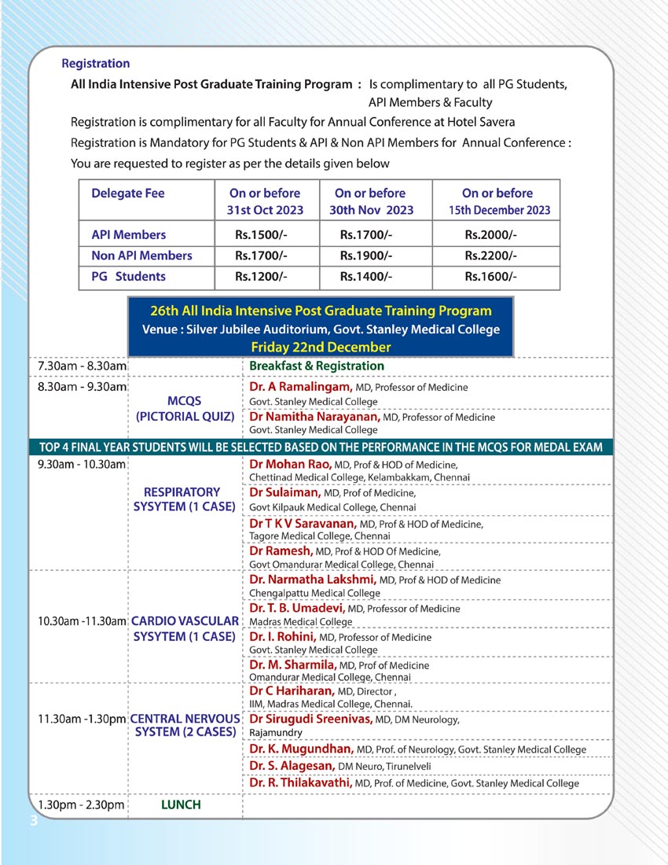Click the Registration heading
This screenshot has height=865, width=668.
(x=95, y=64)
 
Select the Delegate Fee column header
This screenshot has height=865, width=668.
(x=128, y=193)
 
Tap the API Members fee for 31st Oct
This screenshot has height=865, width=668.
(x=262, y=234)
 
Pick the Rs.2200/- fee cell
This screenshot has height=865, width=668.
(x=490, y=256)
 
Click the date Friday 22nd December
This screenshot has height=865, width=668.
(x=321, y=347)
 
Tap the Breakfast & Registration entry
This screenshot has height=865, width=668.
(x=317, y=366)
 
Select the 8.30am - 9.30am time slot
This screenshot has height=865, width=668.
(x=82, y=387)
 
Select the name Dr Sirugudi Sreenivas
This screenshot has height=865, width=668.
(x=310, y=719)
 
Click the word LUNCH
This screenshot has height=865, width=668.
(x=181, y=804)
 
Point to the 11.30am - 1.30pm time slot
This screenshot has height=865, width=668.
(x=82, y=719)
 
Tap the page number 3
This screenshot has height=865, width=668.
(x=32, y=822)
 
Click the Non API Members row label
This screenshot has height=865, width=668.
(x=141, y=256)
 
